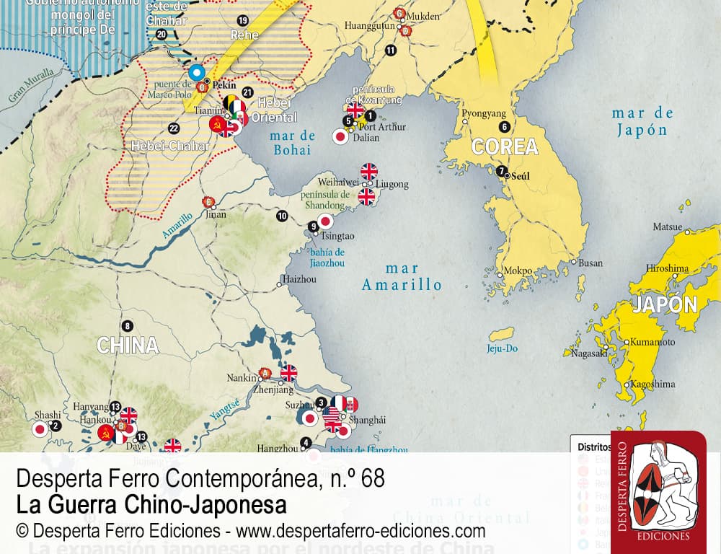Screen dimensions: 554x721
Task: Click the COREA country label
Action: (505, 147)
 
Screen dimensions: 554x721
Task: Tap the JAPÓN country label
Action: (665, 304)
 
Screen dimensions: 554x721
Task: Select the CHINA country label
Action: (128, 346)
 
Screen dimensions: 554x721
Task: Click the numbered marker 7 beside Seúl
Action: (500, 172)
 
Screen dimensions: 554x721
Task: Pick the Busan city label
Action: (590, 263)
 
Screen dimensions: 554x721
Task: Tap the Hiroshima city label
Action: (666, 268)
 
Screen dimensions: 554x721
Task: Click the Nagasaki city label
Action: (587, 353)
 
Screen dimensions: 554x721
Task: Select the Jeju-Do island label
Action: (503, 349)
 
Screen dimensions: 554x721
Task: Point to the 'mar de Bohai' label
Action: (292, 143)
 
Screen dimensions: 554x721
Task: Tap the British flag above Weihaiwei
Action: (368, 171)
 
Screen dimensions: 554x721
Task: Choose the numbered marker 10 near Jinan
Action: (282, 216)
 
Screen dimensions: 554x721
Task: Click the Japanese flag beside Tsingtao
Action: (326, 221)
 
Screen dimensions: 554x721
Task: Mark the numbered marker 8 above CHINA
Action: (128, 325)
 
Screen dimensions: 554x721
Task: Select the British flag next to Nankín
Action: (288, 372)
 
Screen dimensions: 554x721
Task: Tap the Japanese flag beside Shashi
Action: (40, 429)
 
